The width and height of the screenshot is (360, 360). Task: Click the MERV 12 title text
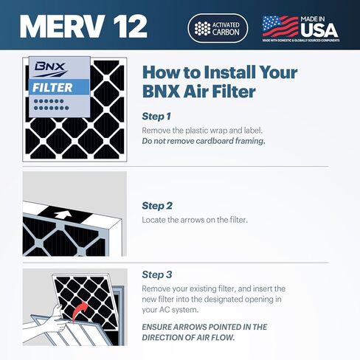[x=83, y=27]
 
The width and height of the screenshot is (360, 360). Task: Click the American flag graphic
[x=280, y=26]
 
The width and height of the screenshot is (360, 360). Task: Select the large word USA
[x=319, y=30]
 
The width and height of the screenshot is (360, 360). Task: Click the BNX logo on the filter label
[x=50, y=67]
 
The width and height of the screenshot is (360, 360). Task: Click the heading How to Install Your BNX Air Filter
[x=219, y=83]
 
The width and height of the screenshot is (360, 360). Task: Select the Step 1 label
[x=156, y=117]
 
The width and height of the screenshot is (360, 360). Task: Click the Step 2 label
[x=156, y=205]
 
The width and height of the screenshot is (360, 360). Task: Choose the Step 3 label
[x=156, y=274]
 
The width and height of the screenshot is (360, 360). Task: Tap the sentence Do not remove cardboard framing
[x=203, y=141]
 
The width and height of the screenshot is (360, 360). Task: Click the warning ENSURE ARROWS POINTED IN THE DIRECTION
[x=204, y=331]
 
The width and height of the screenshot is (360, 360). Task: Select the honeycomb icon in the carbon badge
[x=201, y=27]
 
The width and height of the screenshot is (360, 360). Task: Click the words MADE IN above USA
[x=319, y=17]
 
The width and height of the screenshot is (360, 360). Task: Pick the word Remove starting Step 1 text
[x=156, y=130]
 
